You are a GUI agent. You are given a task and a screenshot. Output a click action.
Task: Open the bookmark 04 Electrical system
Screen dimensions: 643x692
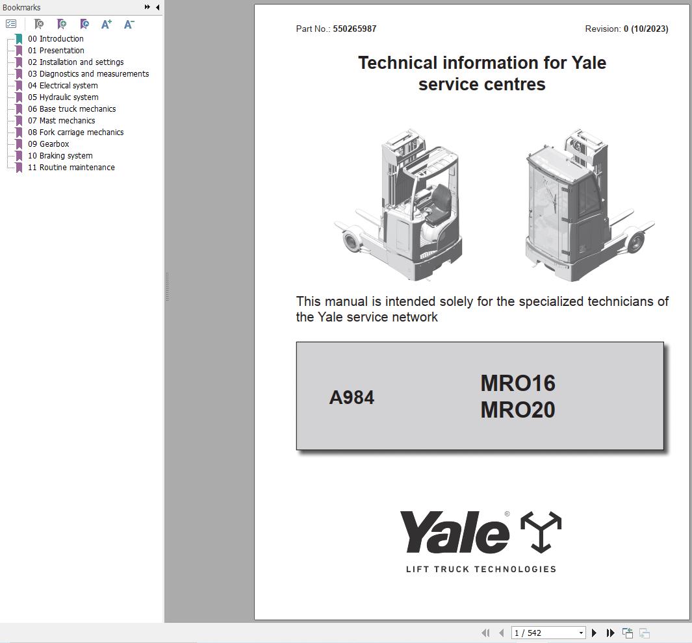coord(68,86)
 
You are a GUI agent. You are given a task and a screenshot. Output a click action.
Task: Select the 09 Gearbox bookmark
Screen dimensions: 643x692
coord(54,144)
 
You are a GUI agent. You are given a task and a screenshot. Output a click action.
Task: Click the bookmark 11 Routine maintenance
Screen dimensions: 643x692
coord(77,168)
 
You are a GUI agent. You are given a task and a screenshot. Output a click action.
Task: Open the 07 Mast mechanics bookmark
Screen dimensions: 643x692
coord(67,121)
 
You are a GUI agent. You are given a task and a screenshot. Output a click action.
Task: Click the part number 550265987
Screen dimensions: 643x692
coord(355,29)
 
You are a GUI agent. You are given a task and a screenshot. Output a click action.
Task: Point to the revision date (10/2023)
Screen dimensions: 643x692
coord(649,29)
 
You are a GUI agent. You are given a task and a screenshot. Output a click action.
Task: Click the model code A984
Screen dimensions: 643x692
coord(352,397)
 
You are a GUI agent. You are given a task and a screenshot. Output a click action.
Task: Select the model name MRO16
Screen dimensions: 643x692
coord(518,383)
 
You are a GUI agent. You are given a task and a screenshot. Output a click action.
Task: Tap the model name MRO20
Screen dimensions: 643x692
coord(518,410)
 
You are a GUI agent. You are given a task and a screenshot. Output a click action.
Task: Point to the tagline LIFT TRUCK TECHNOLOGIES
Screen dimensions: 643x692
coord(481,570)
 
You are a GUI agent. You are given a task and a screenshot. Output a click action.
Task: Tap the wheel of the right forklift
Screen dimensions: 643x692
coord(635,243)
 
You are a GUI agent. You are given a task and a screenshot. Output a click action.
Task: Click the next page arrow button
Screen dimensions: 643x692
coord(594,633)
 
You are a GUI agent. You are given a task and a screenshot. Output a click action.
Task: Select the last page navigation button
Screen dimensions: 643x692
coord(610,633)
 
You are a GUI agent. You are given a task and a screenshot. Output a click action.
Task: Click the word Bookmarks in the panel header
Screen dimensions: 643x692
coord(21,8)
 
